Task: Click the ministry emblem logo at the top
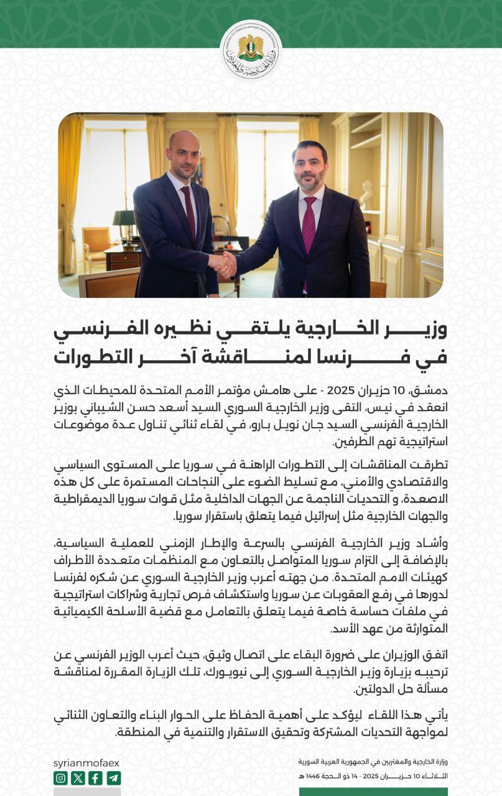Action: [x=251, y=50]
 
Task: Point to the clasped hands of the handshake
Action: [x=223, y=264]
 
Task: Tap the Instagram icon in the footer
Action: [x=60, y=777]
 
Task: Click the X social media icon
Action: [x=78, y=777]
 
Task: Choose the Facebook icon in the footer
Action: [x=95, y=777]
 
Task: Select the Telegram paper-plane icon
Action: [x=113, y=777]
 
